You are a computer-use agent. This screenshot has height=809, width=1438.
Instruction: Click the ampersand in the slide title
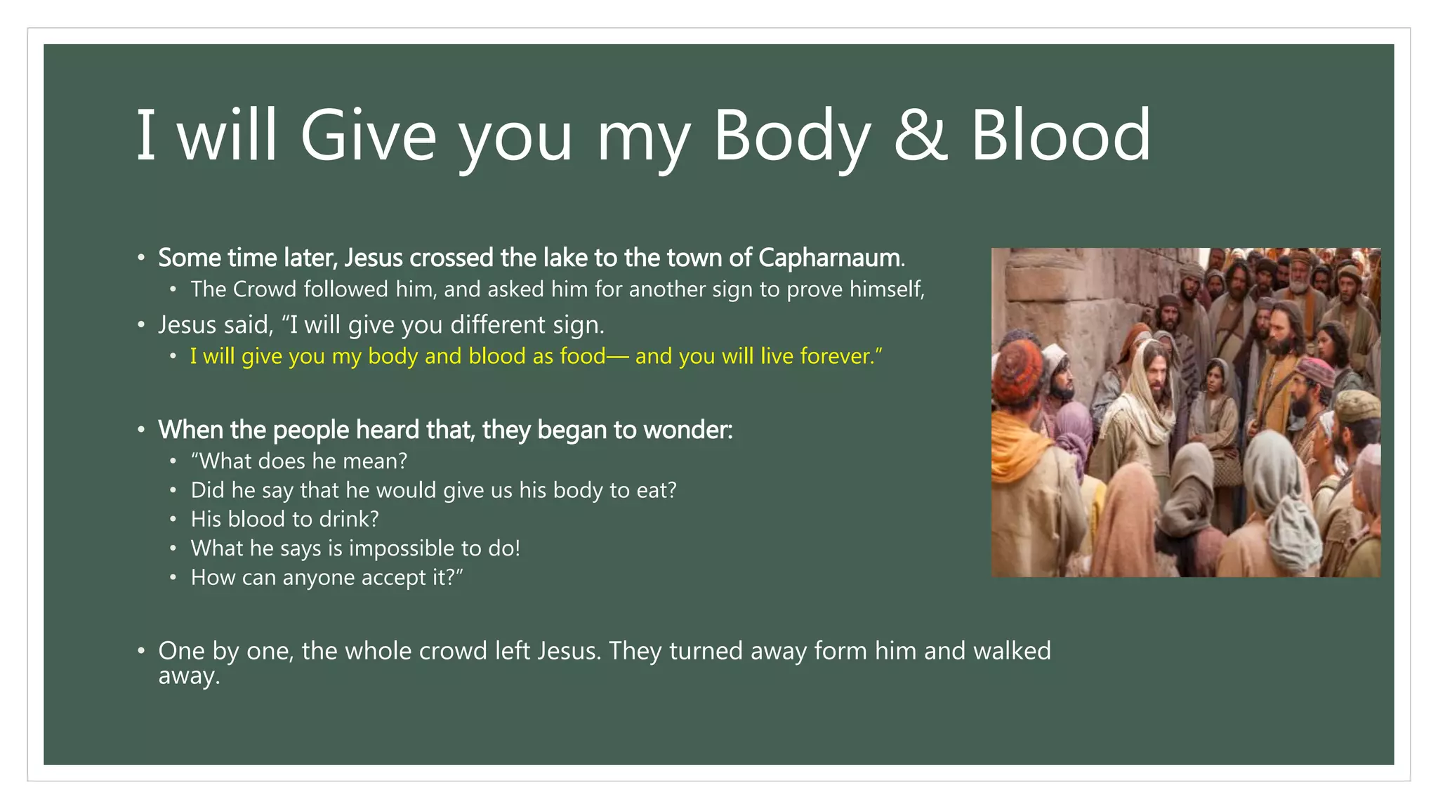tap(921, 135)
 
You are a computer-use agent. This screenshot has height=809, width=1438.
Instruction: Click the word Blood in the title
tap(1060, 135)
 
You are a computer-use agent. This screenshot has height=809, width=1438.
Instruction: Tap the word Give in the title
tap(369, 135)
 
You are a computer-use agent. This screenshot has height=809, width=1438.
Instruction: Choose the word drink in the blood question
tap(345, 519)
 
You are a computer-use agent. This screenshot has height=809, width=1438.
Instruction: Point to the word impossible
tap(402, 548)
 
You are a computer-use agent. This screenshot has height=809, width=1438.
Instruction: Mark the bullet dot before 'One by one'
tap(141, 651)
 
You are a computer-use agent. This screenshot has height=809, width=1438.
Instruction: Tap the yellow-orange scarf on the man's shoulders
tap(1018, 435)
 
